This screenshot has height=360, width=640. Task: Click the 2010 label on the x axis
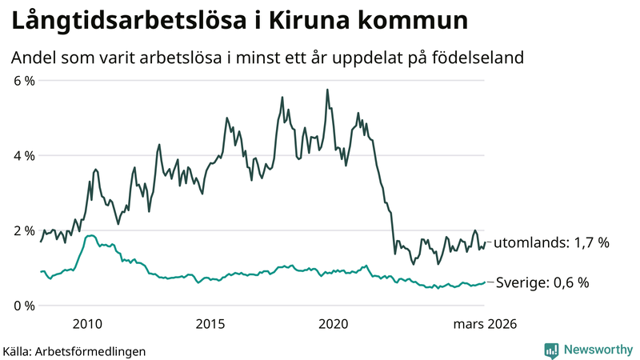pyautogui.click(x=87, y=324)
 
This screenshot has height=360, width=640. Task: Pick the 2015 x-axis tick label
pyautogui.click(x=210, y=324)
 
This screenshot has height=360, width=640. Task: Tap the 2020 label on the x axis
pyautogui.click(x=334, y=324)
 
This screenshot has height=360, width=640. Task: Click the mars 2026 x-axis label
pyautogui.click(x=485, y=324)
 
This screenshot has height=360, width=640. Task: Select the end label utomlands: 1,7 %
pyautogui.click(x=552, y=242)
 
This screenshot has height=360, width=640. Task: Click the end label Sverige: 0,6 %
pyautogui.click(x=542, y=282)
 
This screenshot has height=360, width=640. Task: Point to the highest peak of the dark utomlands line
pyautogui.click(x=327, y=90)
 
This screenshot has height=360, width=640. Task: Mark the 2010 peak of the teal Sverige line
pyautogui.click(x=90, y=236)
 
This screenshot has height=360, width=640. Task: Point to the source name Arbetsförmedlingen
pyautogui.click(x=96, y=350)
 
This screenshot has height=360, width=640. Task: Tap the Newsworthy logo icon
pyautogui.click(x=551, y=350)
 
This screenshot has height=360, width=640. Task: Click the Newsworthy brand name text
pyautogui.click(x=598, y=350)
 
